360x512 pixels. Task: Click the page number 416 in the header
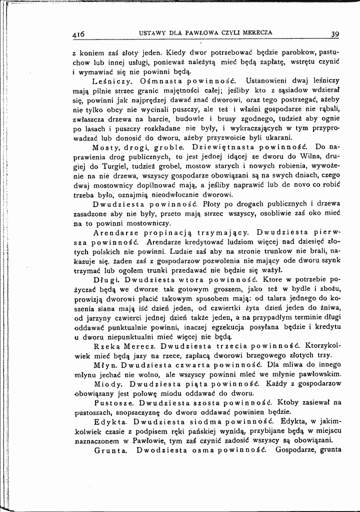coord(78,35)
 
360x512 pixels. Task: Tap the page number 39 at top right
coord(335,34)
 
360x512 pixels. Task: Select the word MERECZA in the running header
coord(255,33)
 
